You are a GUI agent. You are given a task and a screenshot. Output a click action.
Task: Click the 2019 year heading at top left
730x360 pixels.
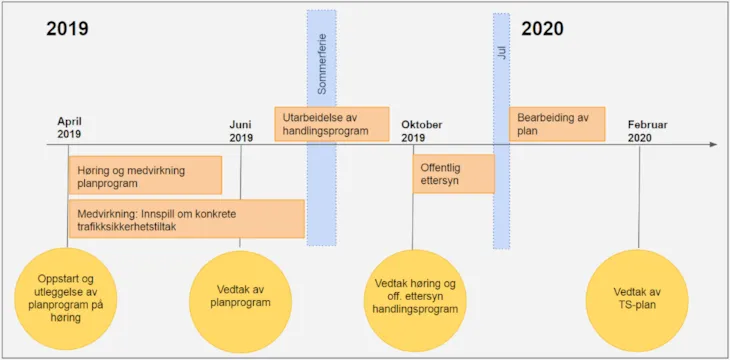point(67,28)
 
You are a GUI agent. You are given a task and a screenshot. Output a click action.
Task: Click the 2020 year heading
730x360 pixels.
point(542,28)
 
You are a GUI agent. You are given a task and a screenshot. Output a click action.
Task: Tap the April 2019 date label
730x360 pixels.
point(69,127)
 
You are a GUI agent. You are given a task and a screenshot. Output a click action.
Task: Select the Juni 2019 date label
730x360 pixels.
point(241,131)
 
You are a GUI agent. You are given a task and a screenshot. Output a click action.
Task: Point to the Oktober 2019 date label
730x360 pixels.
point(421,131)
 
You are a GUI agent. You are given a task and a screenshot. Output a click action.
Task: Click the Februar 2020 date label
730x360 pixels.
point(647,131)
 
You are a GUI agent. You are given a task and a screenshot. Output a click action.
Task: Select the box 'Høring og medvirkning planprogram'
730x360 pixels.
point(145,176)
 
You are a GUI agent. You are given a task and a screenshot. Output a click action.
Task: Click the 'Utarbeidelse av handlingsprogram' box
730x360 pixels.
point(332,124)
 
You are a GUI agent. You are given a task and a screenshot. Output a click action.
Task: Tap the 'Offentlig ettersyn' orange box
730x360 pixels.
point(453,173)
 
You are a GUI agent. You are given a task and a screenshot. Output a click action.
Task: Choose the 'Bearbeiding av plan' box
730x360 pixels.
point(557,124)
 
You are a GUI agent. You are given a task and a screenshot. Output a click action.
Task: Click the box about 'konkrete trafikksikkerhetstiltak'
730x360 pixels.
point(186,219)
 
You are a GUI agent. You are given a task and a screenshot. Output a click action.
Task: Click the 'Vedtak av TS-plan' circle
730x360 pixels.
point(637,297)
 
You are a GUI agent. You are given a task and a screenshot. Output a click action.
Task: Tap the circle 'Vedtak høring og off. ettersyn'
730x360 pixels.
point(415,297)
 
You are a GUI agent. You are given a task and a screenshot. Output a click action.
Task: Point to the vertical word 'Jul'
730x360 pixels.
point(502,51)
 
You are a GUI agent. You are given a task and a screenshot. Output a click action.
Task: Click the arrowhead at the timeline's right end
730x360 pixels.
point(713,145)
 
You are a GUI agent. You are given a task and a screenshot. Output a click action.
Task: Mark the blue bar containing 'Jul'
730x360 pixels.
point(501,200)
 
